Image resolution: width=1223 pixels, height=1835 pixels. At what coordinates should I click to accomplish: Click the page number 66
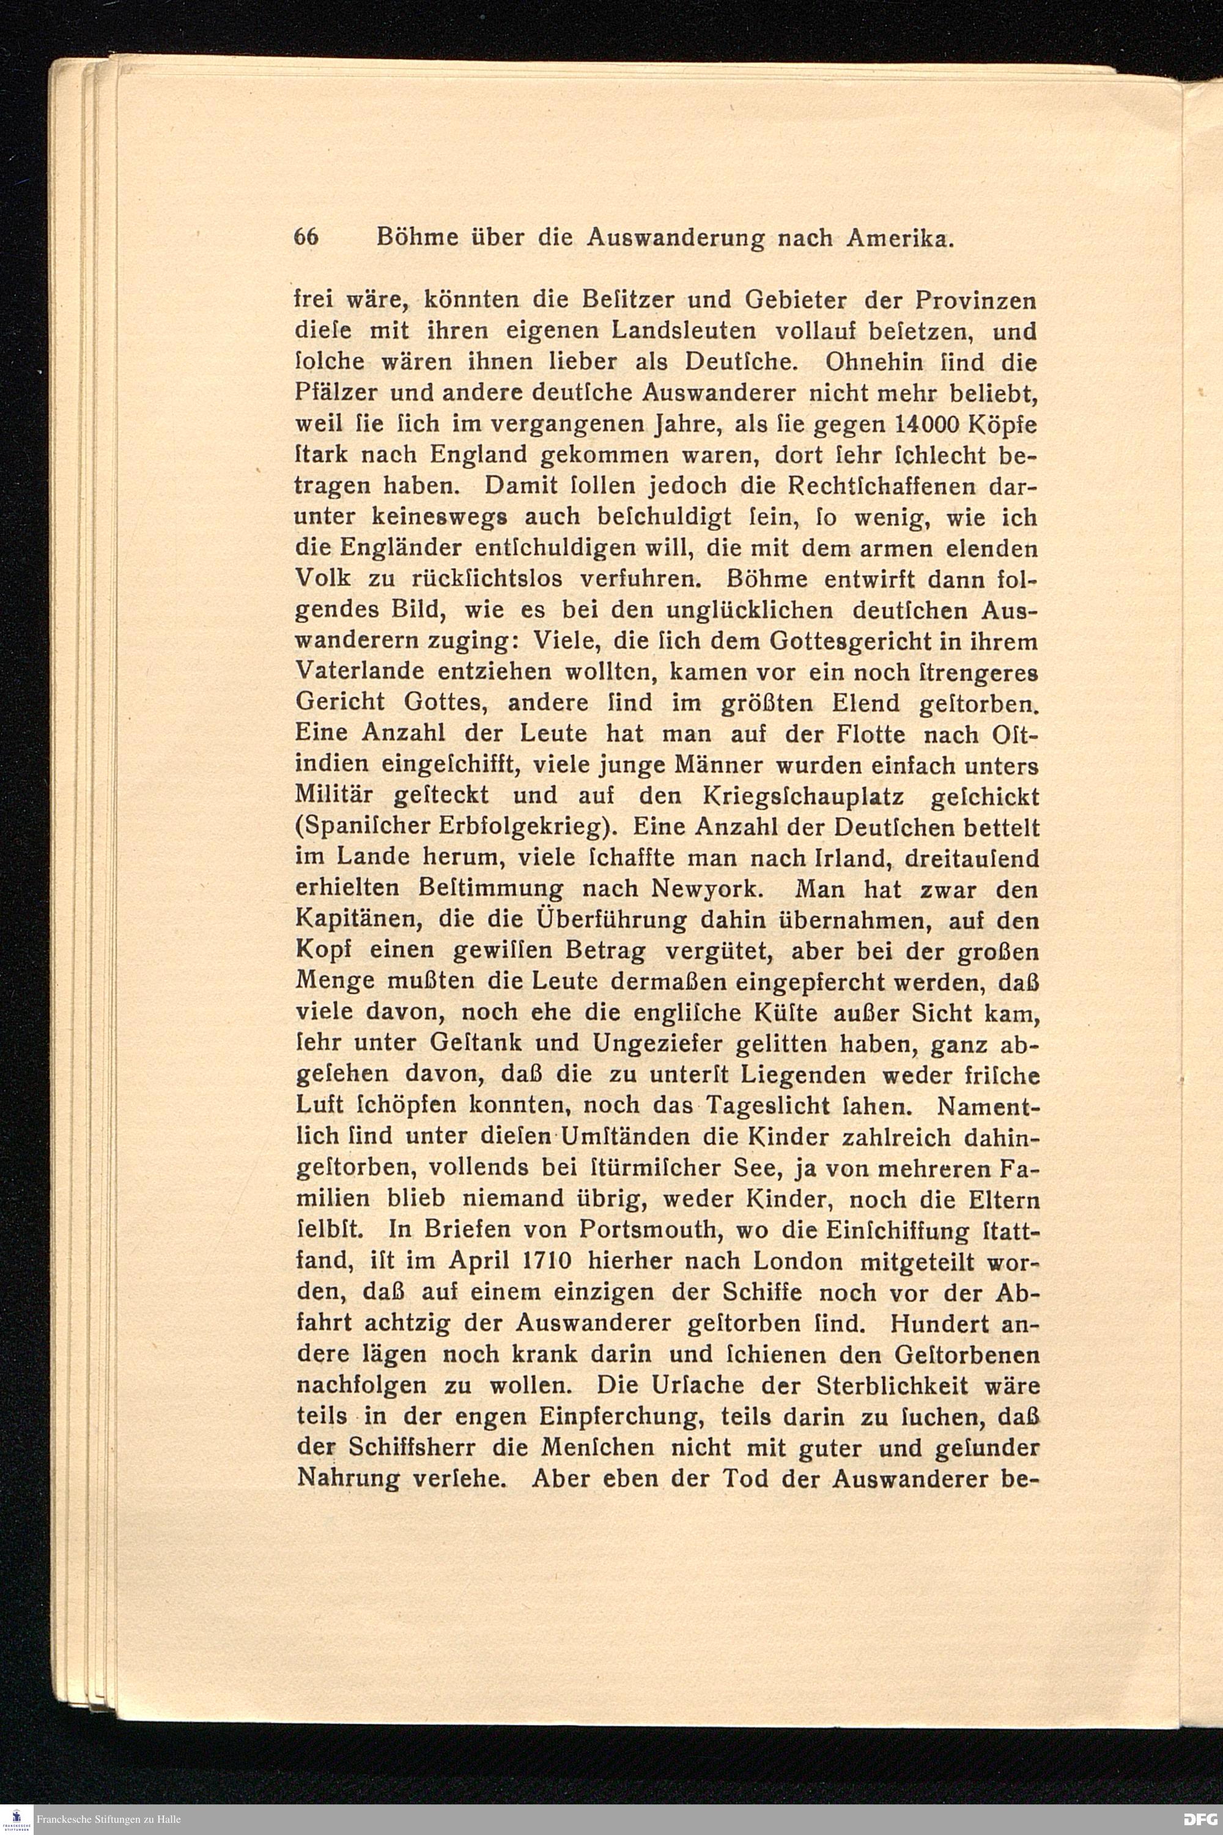306,238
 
